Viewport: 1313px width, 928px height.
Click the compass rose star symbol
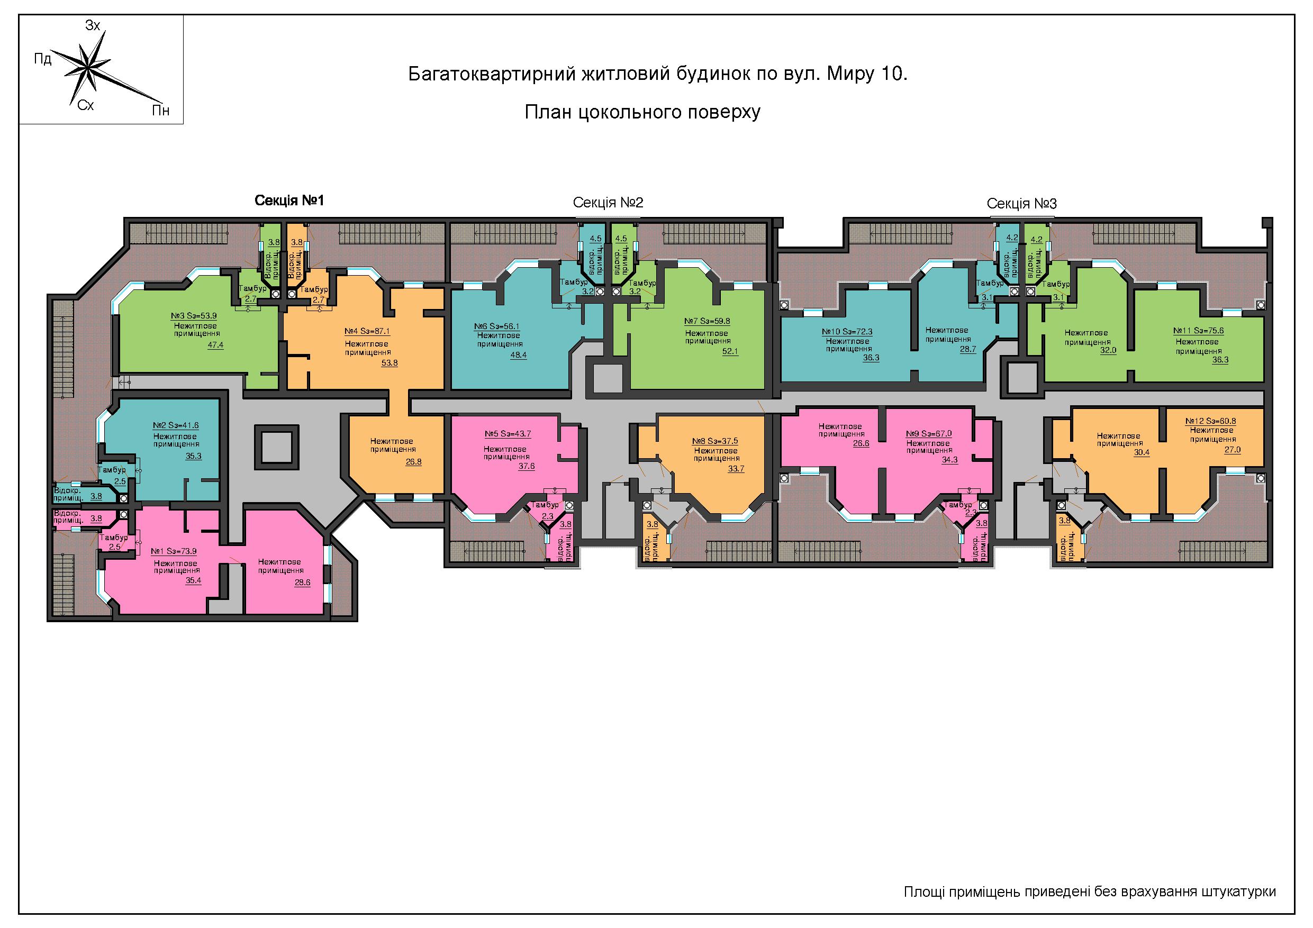click(x=90, y=68)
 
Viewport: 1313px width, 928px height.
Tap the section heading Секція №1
click(x=289, y=200)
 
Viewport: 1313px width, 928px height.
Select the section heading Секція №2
click(x=608, y=203)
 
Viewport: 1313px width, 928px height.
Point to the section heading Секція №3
click(x=1022, y=204)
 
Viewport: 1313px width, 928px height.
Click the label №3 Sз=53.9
click(x=194, y=316)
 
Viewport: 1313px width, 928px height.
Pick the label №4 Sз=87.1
click(x=367, y=331)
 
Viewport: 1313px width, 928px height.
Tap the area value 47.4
click(x=215, y=345)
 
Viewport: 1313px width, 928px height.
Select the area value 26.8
click(x=413, y=461)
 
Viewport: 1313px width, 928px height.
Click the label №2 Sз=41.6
click(x=176, y=425)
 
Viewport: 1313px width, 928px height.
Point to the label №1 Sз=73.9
click(x=174, y=551)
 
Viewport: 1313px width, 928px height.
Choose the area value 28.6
click(x=302, y=582)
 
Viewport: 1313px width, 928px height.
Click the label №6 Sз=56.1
click(x=497, y=326)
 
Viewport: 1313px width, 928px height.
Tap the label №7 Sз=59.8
click(x=708, y=321)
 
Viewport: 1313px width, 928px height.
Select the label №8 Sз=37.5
click(x=715, y=441)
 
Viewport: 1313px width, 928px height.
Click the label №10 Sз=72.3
click(x=847, y=332)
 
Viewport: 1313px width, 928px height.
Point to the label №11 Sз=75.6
click(x=1199, y=331)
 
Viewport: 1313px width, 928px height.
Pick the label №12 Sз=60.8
click(x=1211, y=421)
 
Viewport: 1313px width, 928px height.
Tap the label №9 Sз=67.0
click(x=929, y=434)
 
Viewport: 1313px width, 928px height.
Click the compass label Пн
click(x=161, y=111)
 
